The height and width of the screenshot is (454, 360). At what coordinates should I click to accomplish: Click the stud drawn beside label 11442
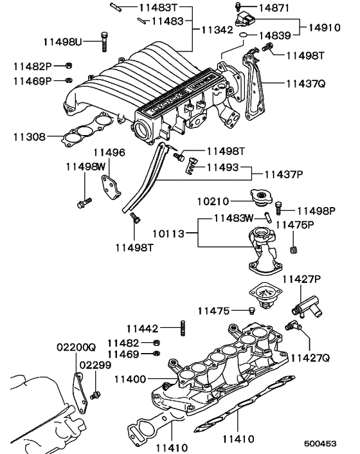[x=184, y=328]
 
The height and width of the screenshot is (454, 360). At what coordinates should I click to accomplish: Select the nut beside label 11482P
[x=69, y=66]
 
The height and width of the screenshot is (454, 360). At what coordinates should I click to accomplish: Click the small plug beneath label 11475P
[x=295, y=250]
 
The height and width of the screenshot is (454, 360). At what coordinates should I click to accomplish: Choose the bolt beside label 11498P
[x=279, y=208]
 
